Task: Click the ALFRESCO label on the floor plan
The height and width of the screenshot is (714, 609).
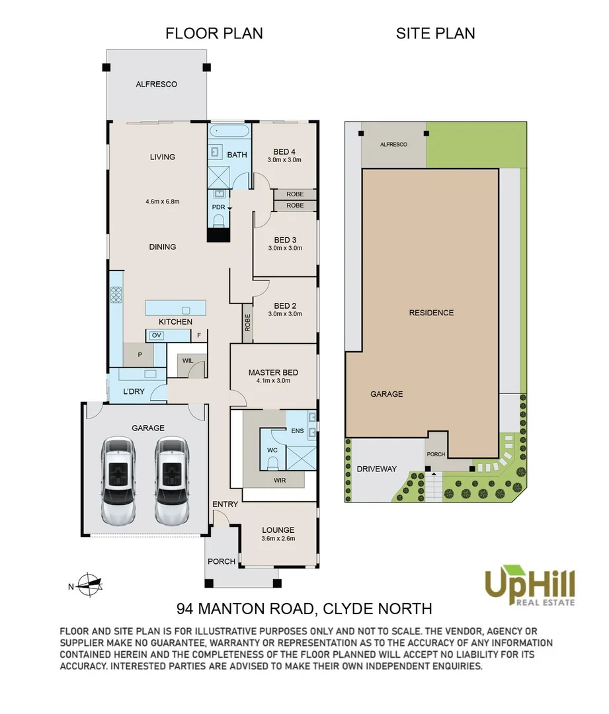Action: point(156,84)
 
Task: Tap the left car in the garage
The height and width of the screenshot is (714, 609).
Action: point(118,481)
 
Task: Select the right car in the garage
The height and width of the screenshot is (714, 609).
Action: point(172,481)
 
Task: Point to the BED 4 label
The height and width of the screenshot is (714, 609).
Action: point(284,151)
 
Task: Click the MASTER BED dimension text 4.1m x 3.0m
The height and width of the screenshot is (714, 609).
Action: point(273,381)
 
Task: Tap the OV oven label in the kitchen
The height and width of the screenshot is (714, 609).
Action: point(157,336)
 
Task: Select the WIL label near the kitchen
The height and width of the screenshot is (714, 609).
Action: point(188,361)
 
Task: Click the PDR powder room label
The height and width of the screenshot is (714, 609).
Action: point(219,207)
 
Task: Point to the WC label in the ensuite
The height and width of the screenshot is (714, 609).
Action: point(272,450)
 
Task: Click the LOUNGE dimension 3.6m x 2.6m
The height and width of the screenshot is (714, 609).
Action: point(278,538)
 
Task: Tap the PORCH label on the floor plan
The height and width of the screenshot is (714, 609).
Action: point(222,561)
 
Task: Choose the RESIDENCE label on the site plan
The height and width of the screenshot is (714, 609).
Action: point(431,313)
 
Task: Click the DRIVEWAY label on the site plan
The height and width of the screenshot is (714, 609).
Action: point(377,469)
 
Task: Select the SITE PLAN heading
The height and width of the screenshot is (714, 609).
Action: point(436,33)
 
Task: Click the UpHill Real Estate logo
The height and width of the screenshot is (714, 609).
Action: point(530,586)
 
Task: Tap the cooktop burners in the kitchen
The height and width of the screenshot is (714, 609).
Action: point(116,295)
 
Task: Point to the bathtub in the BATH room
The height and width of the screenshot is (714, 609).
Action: point(229,132)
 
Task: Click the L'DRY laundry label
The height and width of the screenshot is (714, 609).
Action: point(134,391)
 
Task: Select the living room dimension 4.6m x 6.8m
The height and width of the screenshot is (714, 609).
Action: point(163,201)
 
